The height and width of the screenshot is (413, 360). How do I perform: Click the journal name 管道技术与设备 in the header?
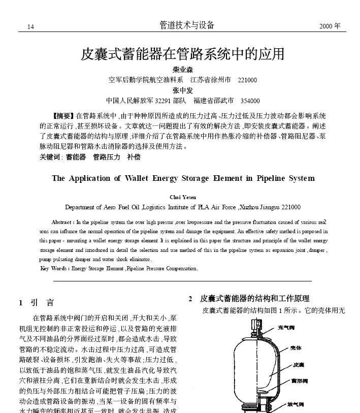[x=187, y=25]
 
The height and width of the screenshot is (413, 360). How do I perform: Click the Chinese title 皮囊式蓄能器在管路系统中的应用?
[x=182, y=53]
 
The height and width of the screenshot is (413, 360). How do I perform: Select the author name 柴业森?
[x=183, y=70]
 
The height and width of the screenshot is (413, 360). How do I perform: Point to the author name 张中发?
[x=183, y=90]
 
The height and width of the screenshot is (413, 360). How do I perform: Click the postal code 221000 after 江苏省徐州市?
[x=248, y=80]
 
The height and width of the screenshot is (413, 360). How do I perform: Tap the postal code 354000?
[x=250, y=101]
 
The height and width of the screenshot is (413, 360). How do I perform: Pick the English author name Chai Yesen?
[x=183, y=197]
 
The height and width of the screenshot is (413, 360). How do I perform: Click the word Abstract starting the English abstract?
[x=62, y=223]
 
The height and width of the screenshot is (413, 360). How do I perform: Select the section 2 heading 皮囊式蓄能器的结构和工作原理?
[x=255, y=299]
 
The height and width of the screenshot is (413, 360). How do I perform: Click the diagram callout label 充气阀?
[x=286, y=328]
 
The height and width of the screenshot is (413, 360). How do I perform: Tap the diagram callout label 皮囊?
[x=298, y=365]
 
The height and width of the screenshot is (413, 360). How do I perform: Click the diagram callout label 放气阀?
[x=294, y=404]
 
